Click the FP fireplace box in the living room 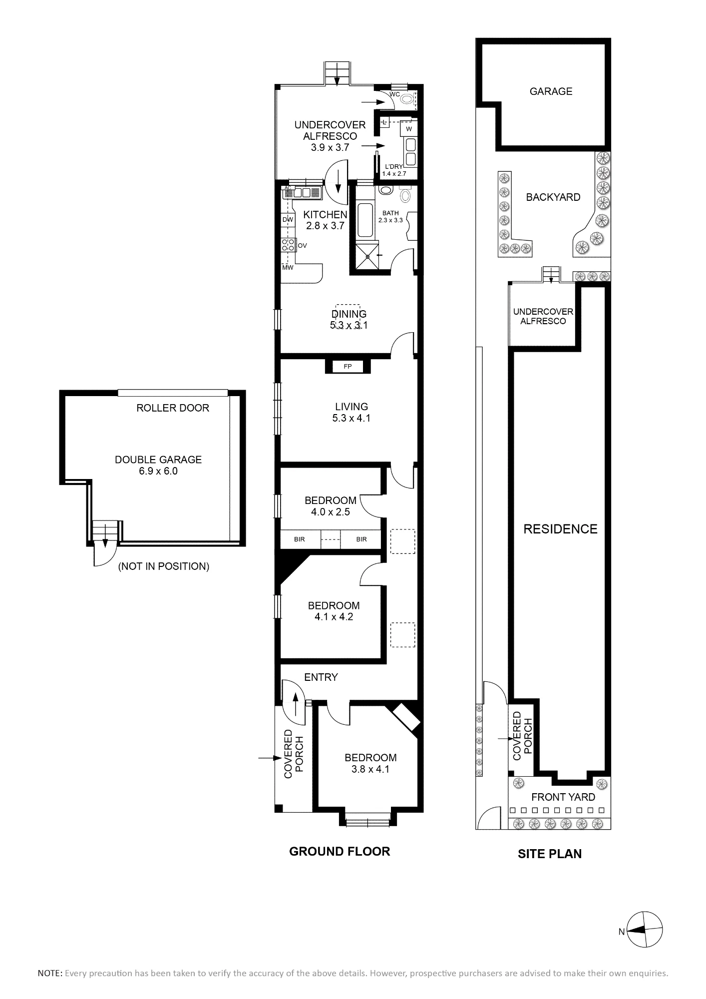[x=348, y=367]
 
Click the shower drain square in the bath [x=368, y=256]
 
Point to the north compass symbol [x=645, y=930]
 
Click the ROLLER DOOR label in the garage [x=173, y=408]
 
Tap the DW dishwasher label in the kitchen [x=288, y=219]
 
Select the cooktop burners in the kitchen [x=288, y=245]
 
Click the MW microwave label [x=287, y=268]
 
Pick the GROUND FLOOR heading [x=340, y=852]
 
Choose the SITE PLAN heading [x=550, y=854]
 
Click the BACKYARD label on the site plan [x=553, y=197]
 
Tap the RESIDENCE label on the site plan [x=560, y=529]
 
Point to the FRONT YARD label [x=563, y=797]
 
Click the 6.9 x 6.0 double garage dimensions [x=158, y=471]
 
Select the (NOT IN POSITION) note [x=163, y=566]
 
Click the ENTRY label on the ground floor [x=321, y=677]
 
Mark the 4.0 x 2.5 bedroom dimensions [x=331, y=512]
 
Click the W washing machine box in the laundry [x=409, y=129]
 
